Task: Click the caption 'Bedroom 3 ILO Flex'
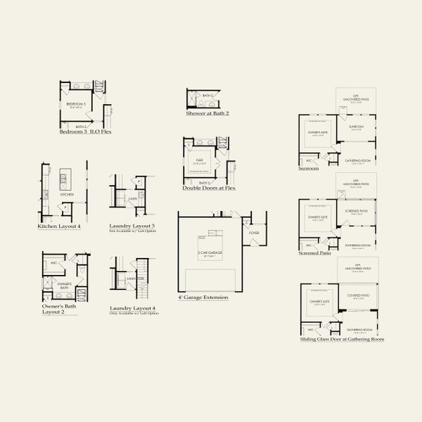pyautogui.click(x=86, y=132)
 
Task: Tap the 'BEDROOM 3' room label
pyautogui.click(x=76, y=103)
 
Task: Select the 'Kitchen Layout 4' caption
pyautogui.click(x=59, y=226)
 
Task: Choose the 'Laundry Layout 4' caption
pyautogui.click(x=132, y=309)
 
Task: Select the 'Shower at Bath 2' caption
pyautogui.click(x=208, y=113)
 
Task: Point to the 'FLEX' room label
pyautogui.click(x=200, y=160)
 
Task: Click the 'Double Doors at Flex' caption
pyautogui.click(x=210, y=188)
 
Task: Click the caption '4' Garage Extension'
pyautogui.click(x=203, y=298)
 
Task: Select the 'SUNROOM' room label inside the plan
pyautogui.click(x=355, y=127)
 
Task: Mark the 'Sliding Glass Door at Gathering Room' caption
pyautogui.click(x=342, y=339)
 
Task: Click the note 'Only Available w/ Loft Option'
pyautogui.click(x=134, y=314)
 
